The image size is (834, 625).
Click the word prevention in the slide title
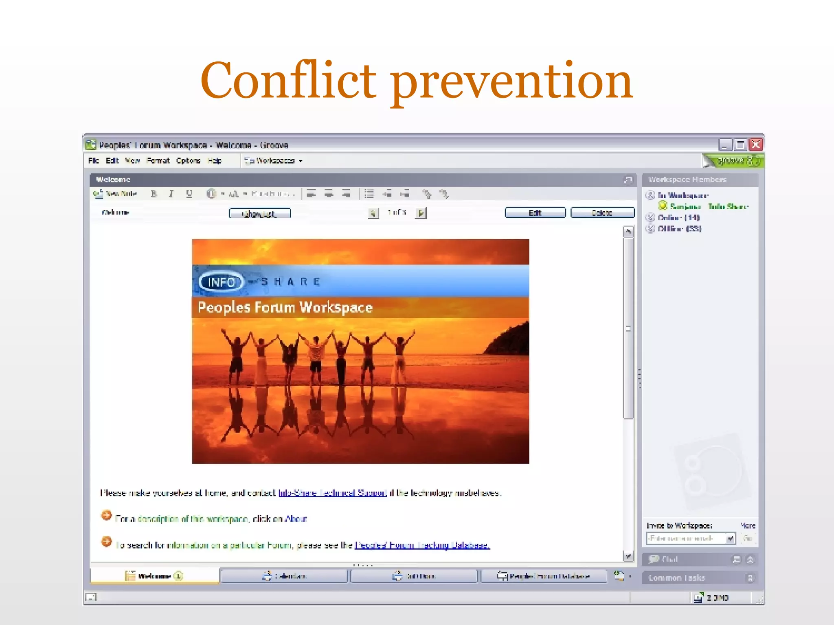tap(512, 81)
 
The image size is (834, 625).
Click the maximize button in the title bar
tap(740, 144)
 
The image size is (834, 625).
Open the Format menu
tap(158, 161)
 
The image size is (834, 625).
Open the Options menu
tap(188, 161)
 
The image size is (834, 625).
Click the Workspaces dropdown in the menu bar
tap(274, 161)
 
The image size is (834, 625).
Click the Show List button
tap(260, 213)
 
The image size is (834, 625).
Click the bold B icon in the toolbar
tap(154, 194)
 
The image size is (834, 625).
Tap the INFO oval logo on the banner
tap(222, 282)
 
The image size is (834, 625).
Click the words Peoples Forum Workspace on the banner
tap(285, 308)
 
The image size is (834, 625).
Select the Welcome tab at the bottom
tap(154, 576)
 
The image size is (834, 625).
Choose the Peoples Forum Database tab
tap(544, 576)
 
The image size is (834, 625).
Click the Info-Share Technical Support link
tap(332, 493)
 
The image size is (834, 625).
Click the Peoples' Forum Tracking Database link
tap(422, 545)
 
